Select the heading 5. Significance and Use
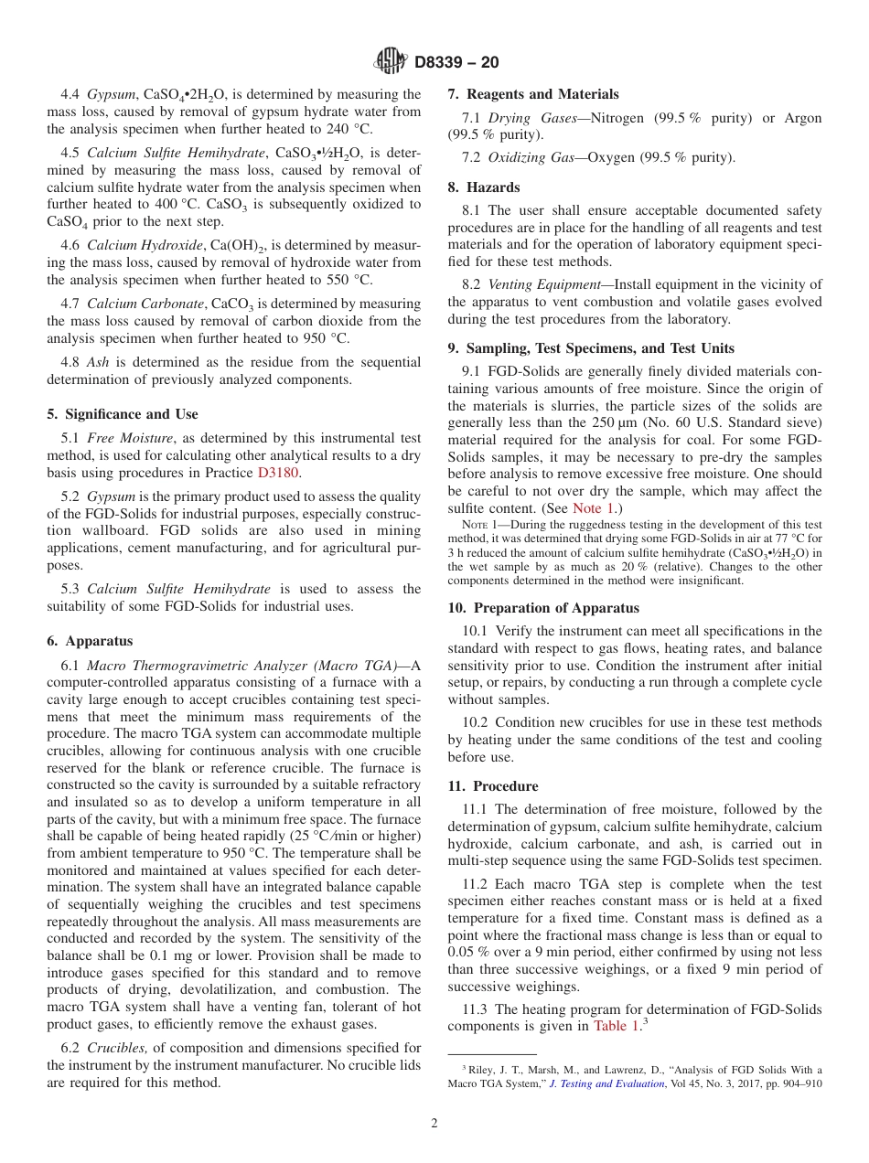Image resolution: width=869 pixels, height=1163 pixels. [x=123, y=414]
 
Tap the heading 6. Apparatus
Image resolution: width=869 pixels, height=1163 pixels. [x=90, y=641]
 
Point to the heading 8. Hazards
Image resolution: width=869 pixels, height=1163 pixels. [x=484, y=187]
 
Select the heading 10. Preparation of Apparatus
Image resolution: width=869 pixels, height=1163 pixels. [x=543, y=608]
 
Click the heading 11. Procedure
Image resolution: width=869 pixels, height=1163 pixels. [x=493, y=786]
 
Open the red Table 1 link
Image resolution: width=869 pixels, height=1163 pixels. [x=617, y=1027]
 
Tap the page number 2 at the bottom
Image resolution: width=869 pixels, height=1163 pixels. [x=434, y=1124]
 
